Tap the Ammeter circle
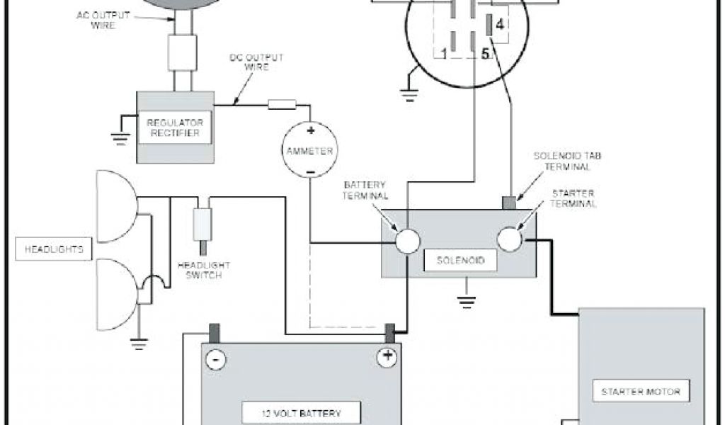pyautogui.click(x=309, y=149)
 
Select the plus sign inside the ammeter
pyautogui.click(x=310, y=130)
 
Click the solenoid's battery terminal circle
pyautogui.click(x=408, y=241)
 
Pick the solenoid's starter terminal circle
pyautogui.click(x=510, y=240)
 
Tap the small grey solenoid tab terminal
pyautogui.click(x=510, y=203)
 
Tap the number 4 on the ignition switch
pyautogui.click(x=500, y=25)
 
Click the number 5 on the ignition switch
pyautogui.click(x=485, y=54)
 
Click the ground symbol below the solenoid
pyautogui.click(x=464, y=300)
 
